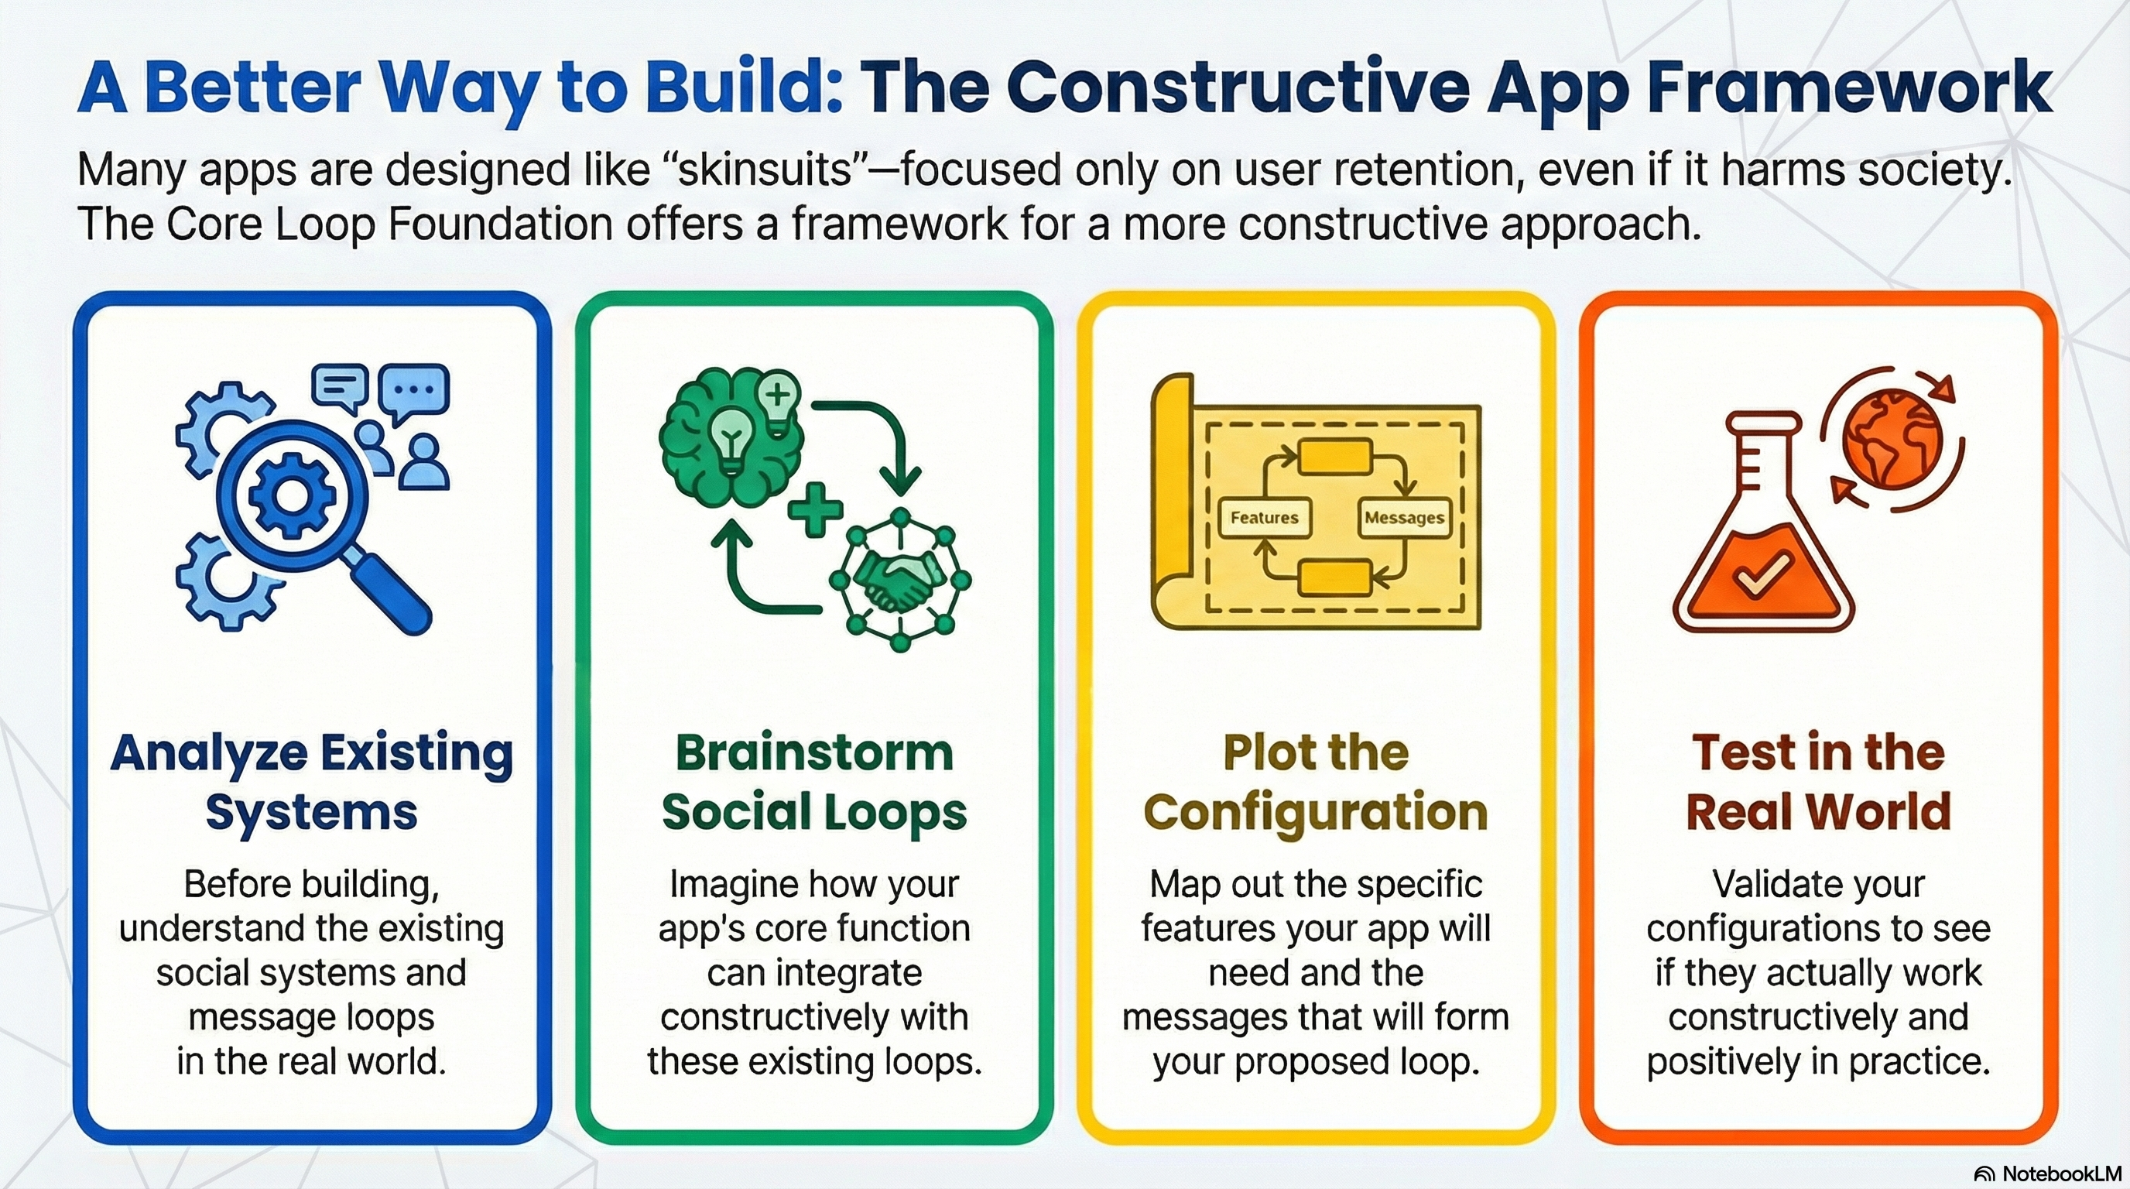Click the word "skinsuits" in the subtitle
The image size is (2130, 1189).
click(x=765, y=170)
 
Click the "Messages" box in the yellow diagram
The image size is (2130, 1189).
click(x=1404, y=518)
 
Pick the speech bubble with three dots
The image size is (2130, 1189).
click(x=414, y=393)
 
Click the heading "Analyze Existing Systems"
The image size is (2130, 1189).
click(x=312, y=781)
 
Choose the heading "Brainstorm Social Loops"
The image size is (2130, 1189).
click(x=814, y=781)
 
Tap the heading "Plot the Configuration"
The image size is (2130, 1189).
click(x=1317, y=781)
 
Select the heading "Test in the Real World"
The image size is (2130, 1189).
click(x=1818, y=781)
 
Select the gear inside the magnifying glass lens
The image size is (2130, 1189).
click(x=290, y=495)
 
